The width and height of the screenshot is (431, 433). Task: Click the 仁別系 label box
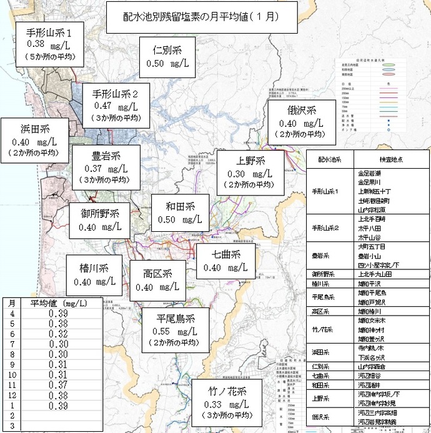[167, 55]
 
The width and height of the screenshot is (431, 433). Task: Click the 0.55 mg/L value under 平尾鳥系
[173, 331]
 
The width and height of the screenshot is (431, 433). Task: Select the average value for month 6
[58, 334]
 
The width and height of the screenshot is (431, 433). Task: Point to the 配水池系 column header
[330, 159]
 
